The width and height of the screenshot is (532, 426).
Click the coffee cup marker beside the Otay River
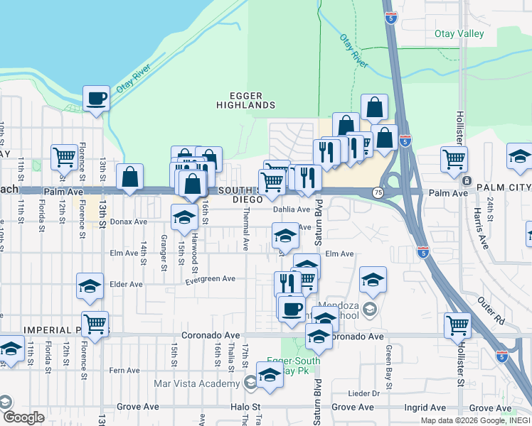[x=96, y=99]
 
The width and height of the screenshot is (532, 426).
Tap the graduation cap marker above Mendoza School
[x=373, y=280]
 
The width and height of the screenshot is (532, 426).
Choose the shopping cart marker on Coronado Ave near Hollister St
[x=458, y=325]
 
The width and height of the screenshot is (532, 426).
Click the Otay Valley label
[x=459, y=33]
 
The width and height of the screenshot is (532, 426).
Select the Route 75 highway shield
[x=377, y=192]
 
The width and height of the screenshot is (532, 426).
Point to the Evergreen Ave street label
[x=210, y=280]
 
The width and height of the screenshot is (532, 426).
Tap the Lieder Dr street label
[x=367, y=393]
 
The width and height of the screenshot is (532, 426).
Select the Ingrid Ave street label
[x=425, y=408]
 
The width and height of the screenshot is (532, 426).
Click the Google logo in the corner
[x=23, y=417]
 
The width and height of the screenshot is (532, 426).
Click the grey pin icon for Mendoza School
[x=369, y=309]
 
